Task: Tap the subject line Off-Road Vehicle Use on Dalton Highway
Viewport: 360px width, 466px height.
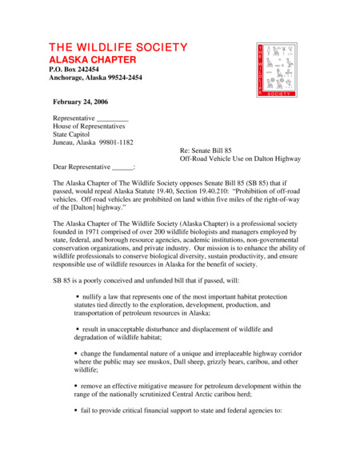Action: (x=240, y=159)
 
